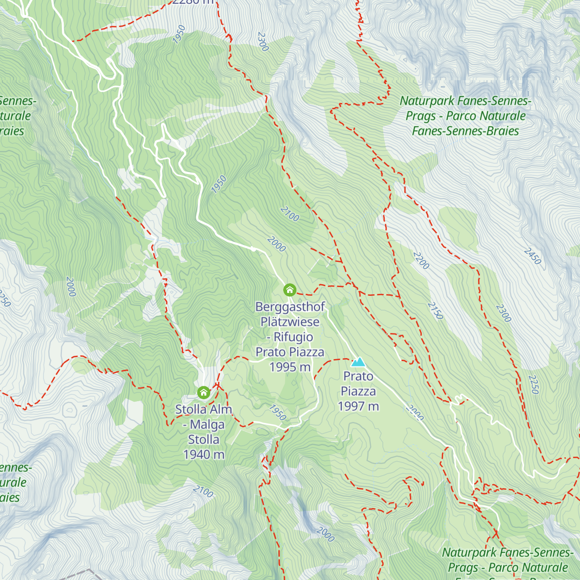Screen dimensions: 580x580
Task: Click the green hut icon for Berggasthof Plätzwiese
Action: [x=290, y=290]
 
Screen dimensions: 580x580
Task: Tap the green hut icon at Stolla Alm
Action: [x=203, y=392]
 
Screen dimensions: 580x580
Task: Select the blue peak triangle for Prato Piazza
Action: [x=358, y=362]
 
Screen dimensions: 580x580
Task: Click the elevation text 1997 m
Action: [x=358, y=406]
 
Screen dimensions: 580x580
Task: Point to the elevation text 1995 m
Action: [x=290, y=367]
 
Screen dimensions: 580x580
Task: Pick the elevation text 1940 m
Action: [x=203, y=455]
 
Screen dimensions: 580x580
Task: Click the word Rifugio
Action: [x=293, y=337]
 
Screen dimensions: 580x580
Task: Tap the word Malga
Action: [x=207, y=424]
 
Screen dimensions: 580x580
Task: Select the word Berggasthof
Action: [x=290, y=307]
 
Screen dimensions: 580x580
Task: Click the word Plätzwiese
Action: [x=290, y=322]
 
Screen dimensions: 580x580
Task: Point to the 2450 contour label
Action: [x=532, y=256]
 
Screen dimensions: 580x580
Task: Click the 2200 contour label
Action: [x=421, y=261]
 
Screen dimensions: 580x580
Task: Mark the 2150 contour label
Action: [x=435, y=311]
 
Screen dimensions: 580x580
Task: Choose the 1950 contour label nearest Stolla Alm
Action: [x=277, y=412]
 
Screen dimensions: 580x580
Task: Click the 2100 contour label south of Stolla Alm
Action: [x=203, y=492]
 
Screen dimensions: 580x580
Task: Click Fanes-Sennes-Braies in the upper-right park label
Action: [x=465, y=131]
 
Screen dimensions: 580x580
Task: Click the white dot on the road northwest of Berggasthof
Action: [x=253, y=249]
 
